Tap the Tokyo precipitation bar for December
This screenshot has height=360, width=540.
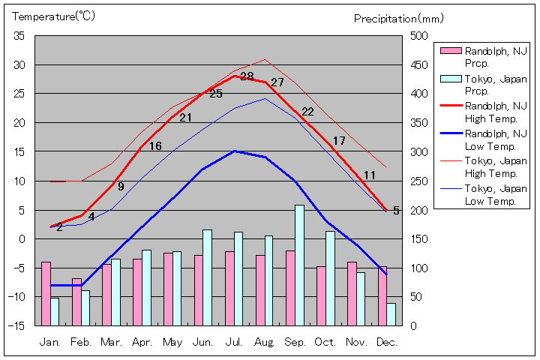pyautogui.click(x=391, y=314)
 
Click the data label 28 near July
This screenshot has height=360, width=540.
pyautogui.click(x=247, y=76)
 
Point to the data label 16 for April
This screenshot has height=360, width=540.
pyautogui.click(x=155, y=146)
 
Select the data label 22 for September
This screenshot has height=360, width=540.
pyautogui.click(x=307, y=112)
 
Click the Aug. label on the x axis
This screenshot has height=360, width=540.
pyautogui.click(x=264, y=341)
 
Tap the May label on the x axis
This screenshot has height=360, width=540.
pyautogui.click(x=172, y=341)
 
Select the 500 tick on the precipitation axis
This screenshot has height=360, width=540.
pyautogui.click(x=418, y=36)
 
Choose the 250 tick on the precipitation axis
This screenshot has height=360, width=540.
pyautogui.click(x=418, y=181)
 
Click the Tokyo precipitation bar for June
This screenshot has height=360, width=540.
pyautogui.click(x=207, y=277)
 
